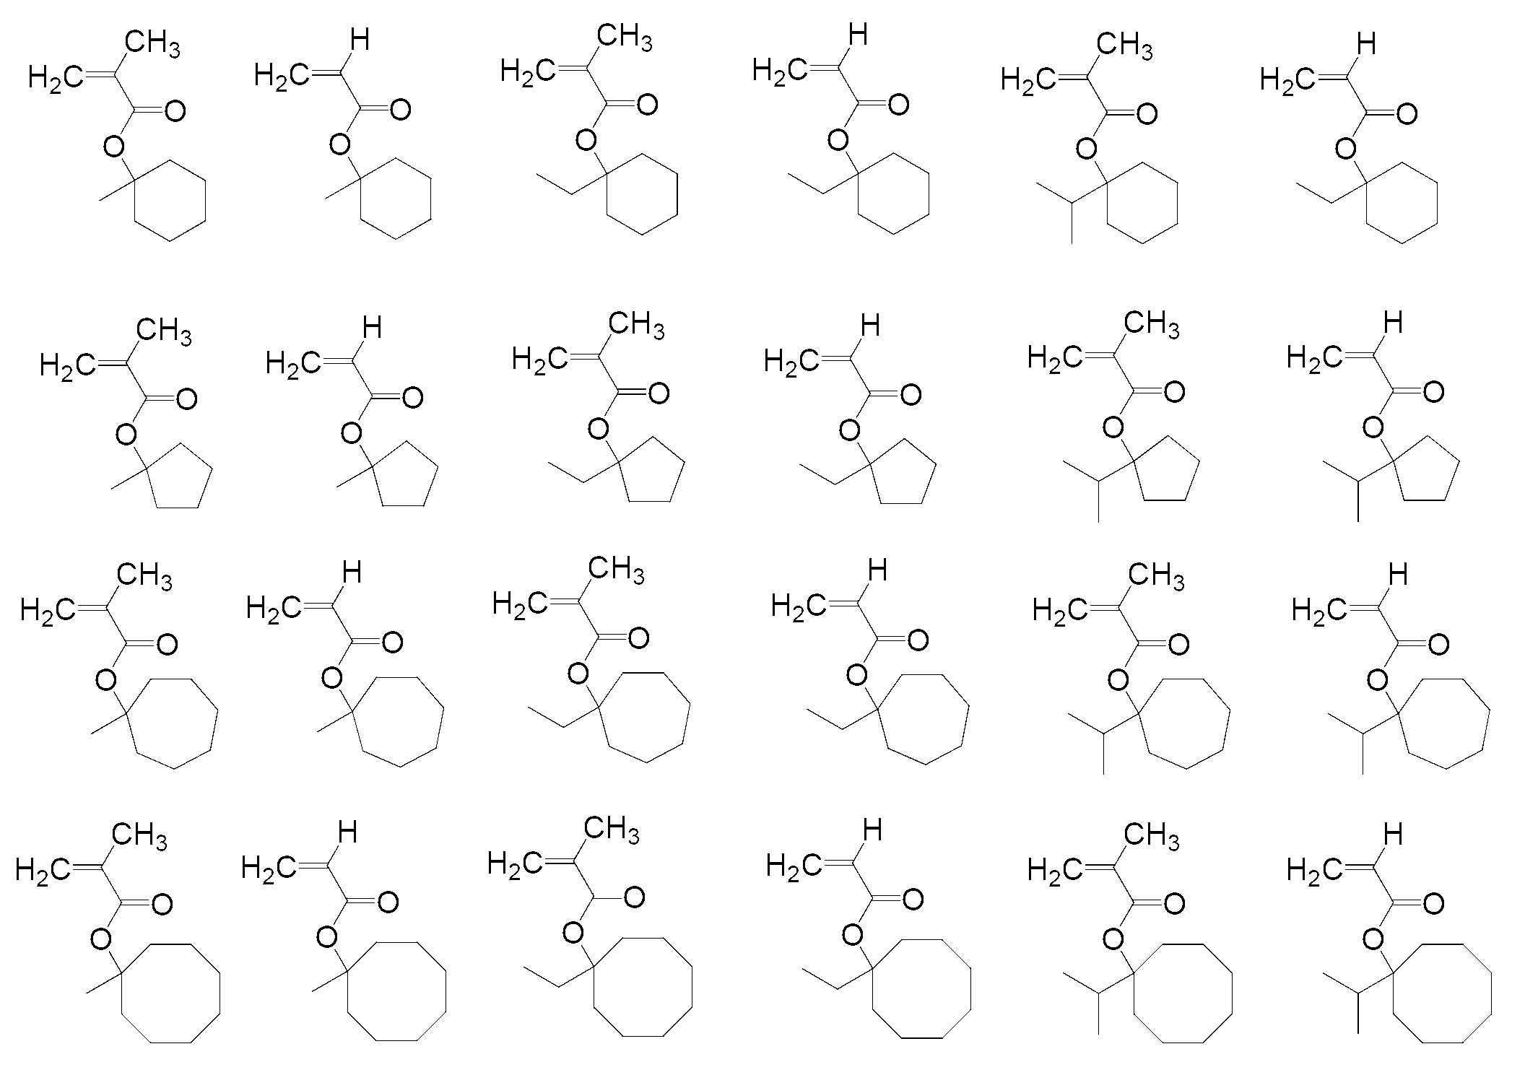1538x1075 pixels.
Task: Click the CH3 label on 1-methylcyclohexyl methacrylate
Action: pyautogui.click(x=152, y=45)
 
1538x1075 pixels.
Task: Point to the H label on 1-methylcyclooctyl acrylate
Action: pyautogui.click(x=347, y=833)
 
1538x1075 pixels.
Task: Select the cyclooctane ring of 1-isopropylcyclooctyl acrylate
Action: pyautogui.click(x=1441, y=993)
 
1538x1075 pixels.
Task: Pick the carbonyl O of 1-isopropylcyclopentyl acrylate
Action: pyautogui.click(x=1433, y=392)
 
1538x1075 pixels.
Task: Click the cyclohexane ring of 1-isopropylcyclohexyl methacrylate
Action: pyautogui.click(x=1142, y=203)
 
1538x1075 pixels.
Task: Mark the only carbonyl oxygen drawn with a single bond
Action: pyautogui.click(x=634, y=898)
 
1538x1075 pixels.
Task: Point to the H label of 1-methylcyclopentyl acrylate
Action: pyautogui.click(x=372, y=329)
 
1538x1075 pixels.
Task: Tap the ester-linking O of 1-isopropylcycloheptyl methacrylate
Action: pyautogui.click(x=1118, y=680)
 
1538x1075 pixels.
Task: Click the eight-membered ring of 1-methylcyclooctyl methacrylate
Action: pyautogui.click(x=171, y=993)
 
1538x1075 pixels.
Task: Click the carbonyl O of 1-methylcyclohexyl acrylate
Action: pyautogui.click(x=400, y=110)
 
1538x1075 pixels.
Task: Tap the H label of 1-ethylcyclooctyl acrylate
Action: pyautogui.click(x=872, y=831)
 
